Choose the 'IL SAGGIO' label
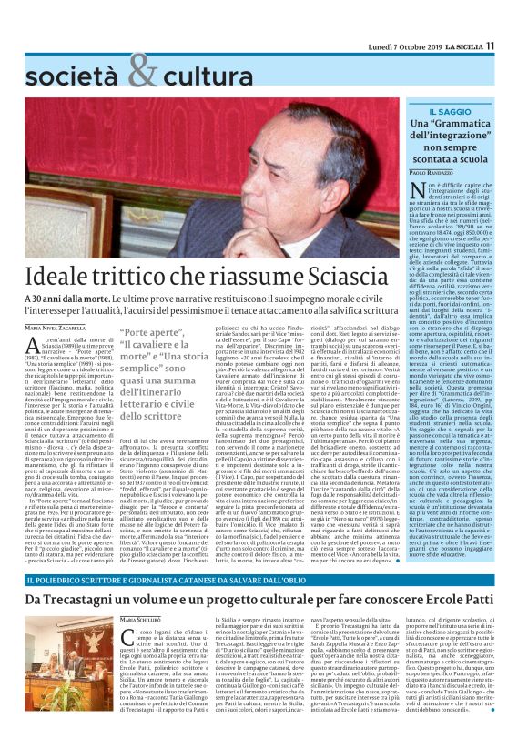[x=455, y=109]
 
